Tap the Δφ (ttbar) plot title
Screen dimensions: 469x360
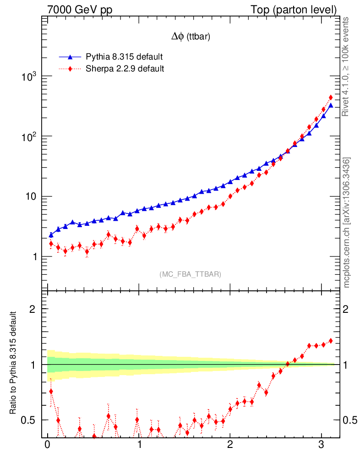point(191,37)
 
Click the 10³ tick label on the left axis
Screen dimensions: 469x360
point(28,77)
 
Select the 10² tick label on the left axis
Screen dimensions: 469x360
point(28,137)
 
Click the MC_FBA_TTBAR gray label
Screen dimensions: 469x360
point(191,274)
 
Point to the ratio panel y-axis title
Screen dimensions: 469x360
point(14,363)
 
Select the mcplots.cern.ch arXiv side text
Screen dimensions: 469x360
point(347,223)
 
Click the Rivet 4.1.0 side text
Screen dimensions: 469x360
point(346,66)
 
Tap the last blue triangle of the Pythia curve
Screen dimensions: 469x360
point(331,105)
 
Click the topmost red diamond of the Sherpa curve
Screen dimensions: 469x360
point(331,98)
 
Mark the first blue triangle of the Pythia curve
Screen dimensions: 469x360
point(51,235)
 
